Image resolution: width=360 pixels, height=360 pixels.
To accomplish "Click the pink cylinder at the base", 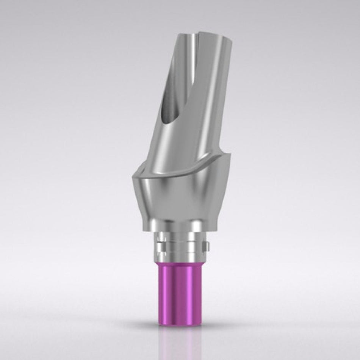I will [180, 290].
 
